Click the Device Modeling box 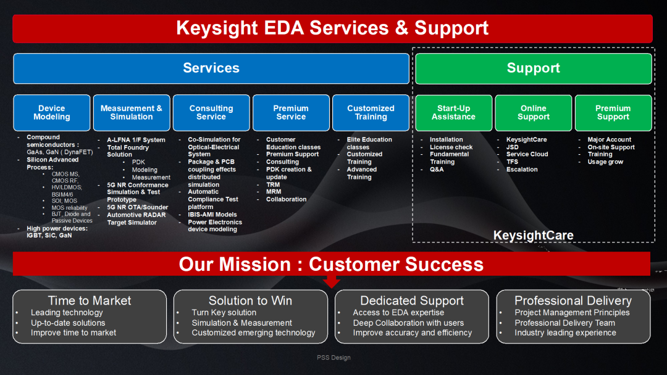pos(52,113)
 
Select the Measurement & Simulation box pos(132,113)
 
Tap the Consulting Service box pos(211,113)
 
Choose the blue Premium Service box pos(291,113)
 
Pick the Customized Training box pos(371,113)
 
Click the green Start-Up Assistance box pos(454,113)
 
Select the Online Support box pos(534,113)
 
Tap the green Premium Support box pos(613,113)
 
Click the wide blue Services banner pos(211,68)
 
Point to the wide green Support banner pos(534,68)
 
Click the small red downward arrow pos(332,281)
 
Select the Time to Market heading pos(90,301)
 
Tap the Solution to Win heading pos(250,301)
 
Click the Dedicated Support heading pos(412,301)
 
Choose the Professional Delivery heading pos(573,301)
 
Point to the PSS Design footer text pos(333,358)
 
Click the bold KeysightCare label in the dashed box pos(534,236)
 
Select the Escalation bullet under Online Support pos(522,170)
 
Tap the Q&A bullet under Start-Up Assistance pos(437,170)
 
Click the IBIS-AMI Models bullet pos(212,215)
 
